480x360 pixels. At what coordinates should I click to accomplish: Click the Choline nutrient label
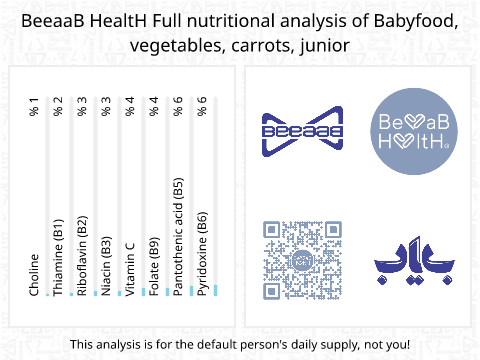tap(34, 275)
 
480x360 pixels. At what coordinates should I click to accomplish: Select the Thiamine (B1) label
tap(58, 257)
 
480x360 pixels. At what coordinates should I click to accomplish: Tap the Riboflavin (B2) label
tap(82, 256)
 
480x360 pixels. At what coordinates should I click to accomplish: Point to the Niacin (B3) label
tap(106, 266)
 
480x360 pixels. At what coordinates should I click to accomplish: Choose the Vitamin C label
tap(130, 269)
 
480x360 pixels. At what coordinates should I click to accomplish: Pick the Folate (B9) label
tap(154, 266)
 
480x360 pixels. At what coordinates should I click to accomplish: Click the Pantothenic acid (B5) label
tap(178, 237)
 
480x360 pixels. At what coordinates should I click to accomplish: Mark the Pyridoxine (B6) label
tap(202, 254)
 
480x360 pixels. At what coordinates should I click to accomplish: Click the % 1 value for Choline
tap(34, 107)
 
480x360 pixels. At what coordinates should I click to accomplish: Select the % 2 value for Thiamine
tap(58, 107)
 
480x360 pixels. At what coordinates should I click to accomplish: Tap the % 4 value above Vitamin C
tap(130, 107)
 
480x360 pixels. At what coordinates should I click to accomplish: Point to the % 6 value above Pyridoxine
tap(202, 107)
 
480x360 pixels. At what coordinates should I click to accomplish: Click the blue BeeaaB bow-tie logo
tap(302, 131)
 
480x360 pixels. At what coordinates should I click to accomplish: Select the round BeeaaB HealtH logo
tap(414, 131)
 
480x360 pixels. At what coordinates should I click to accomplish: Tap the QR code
tap(302, 260)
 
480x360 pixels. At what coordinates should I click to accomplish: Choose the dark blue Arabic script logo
tap(414, 260)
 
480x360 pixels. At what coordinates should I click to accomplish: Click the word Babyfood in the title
tap(414, 21)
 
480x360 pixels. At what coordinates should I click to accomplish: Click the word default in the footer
tap(212, 344)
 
